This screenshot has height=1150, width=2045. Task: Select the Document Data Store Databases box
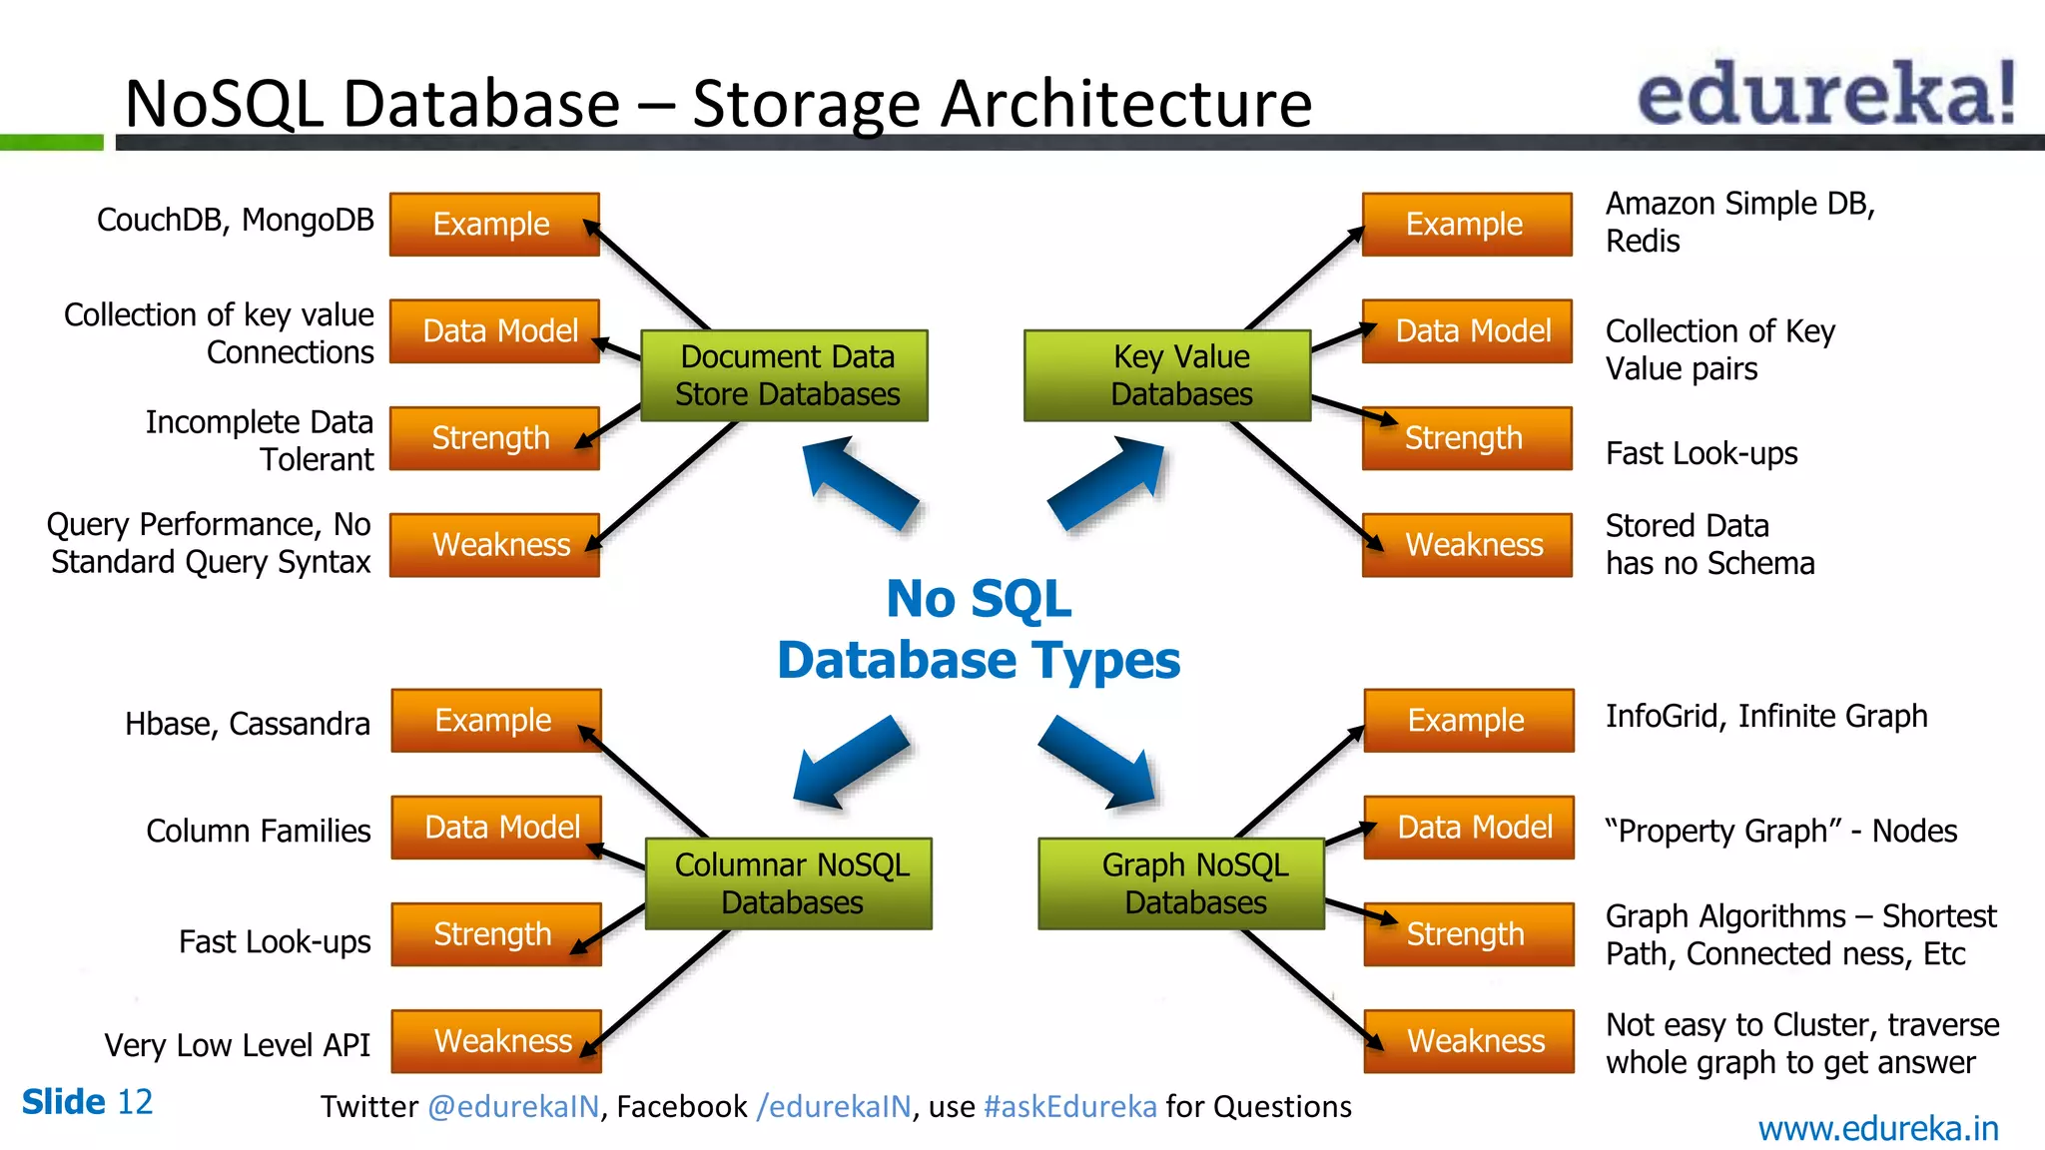(x=785, y=375)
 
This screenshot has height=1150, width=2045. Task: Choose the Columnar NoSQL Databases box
(x=789, y=883)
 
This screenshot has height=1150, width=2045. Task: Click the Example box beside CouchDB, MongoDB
(x=494, y=225)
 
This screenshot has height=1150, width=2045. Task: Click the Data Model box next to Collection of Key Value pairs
(x=1467, y=331)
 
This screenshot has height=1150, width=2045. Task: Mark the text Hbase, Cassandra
(x=248, y=724)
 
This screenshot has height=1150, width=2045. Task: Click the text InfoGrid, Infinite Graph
(x=1765, y=717)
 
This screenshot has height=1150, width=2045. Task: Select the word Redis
(x=1643, y=242)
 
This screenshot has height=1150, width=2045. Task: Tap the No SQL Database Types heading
(x=979, y=630)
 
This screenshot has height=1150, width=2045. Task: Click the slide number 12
(x=135, y=1102)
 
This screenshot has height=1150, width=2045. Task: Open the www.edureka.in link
(x=1877, y=1129)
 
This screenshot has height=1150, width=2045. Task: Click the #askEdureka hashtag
(x=1069, y=1107)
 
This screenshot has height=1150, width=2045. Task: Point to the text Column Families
(x=258, y=831)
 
